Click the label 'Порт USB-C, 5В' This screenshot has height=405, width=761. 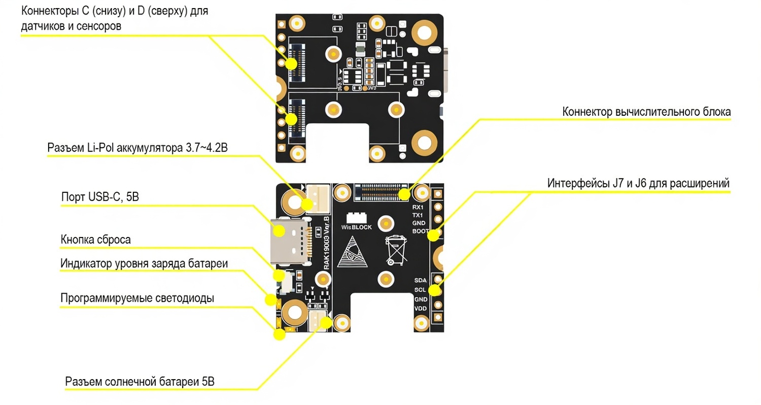coord(100,197)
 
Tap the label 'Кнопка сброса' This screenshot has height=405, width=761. coord(96,240)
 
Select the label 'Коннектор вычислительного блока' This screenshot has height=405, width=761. coord(646,112)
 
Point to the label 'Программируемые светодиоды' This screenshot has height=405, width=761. coord(137,298)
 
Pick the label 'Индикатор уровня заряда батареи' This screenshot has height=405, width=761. coord(144,263)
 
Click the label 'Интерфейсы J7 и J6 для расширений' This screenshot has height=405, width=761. coord(638,183)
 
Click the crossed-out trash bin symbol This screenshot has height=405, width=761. coord(396,250)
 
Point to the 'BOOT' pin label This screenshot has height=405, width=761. coord(420,231)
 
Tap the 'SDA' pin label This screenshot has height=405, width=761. coord(421,280)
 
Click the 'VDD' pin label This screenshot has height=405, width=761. coord(421,308)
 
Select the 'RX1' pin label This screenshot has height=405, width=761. coord(418,207)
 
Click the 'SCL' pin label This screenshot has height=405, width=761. coord(421,290)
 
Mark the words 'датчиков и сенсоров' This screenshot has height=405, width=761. coord(71,26)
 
